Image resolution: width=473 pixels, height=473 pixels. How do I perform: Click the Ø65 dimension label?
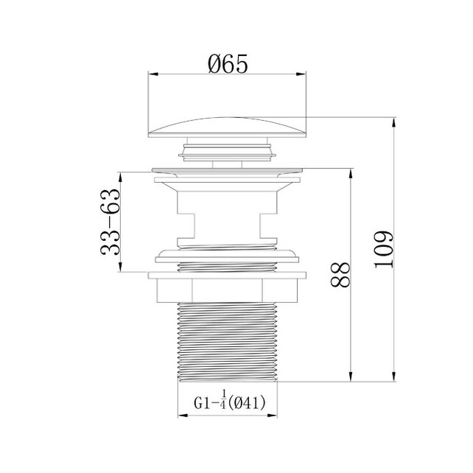click(228, 64)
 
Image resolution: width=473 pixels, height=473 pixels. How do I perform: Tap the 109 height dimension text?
click(384, 250)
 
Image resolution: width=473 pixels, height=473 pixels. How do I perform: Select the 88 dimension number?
click(340, 275)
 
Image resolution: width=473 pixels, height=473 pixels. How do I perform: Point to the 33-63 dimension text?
click(110, 222)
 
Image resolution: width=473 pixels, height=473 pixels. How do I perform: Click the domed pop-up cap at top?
click(227, 127)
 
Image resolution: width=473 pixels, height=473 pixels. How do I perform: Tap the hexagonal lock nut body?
click(227, 290)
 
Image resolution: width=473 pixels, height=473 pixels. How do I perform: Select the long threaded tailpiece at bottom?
click(227, 342)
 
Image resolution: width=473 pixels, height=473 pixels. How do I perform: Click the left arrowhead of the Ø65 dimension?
click(153, 74)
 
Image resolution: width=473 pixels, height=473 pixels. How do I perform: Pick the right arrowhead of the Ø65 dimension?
click(301, 74)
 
